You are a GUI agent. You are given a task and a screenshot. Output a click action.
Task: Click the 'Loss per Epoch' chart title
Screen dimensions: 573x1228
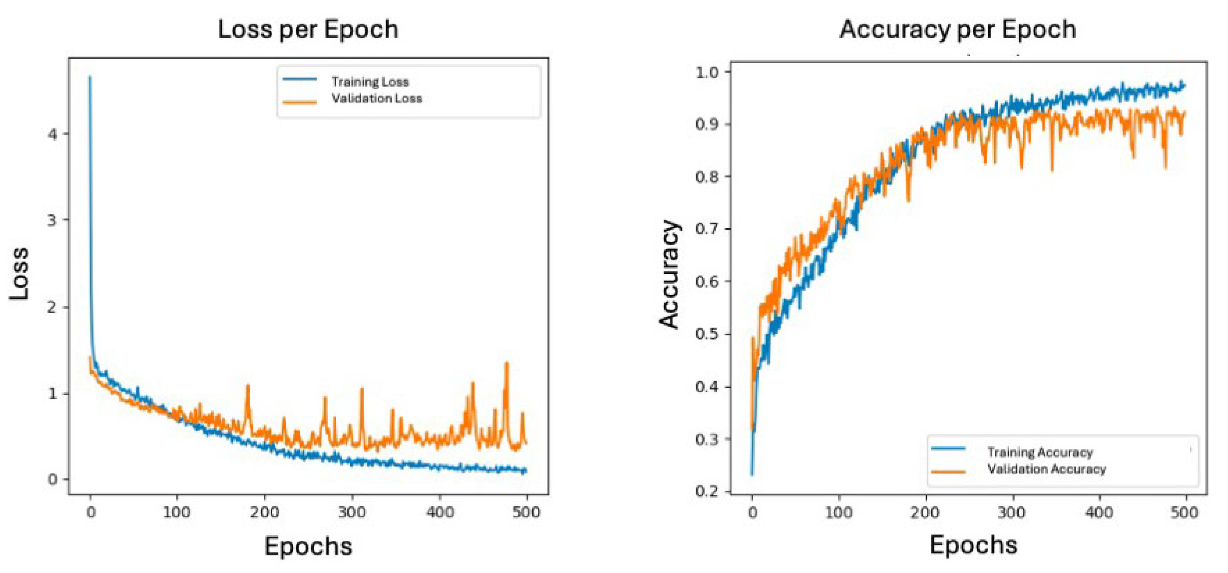click(x=308, y=29)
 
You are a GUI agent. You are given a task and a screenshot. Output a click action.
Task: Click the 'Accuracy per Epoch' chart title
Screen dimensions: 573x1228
click(x=958, y=29)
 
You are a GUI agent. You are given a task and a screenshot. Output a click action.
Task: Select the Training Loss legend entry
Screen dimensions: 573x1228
click(x=370, y=81)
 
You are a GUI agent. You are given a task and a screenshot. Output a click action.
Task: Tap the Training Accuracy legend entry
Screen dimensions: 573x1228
click(x=1040, y=452)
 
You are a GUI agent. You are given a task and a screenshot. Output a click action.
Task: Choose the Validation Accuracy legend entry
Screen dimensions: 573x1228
click(x=1046, y=469)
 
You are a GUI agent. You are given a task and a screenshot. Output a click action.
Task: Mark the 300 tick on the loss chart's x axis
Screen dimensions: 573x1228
click(x=352, y=512)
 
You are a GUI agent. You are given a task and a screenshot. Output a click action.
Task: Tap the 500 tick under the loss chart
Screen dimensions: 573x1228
click(x=526, y=512)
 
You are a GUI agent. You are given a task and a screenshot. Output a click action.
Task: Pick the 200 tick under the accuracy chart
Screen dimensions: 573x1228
click(x=925, y=512)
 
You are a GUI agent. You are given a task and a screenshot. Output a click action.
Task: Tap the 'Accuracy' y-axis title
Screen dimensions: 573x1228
click(x=670, y=274)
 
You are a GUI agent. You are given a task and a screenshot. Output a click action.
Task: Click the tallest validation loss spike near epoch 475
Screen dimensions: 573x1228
click(x=506, y=364)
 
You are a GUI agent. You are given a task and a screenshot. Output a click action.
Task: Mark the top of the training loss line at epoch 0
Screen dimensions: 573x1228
click(x=90, y=77)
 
